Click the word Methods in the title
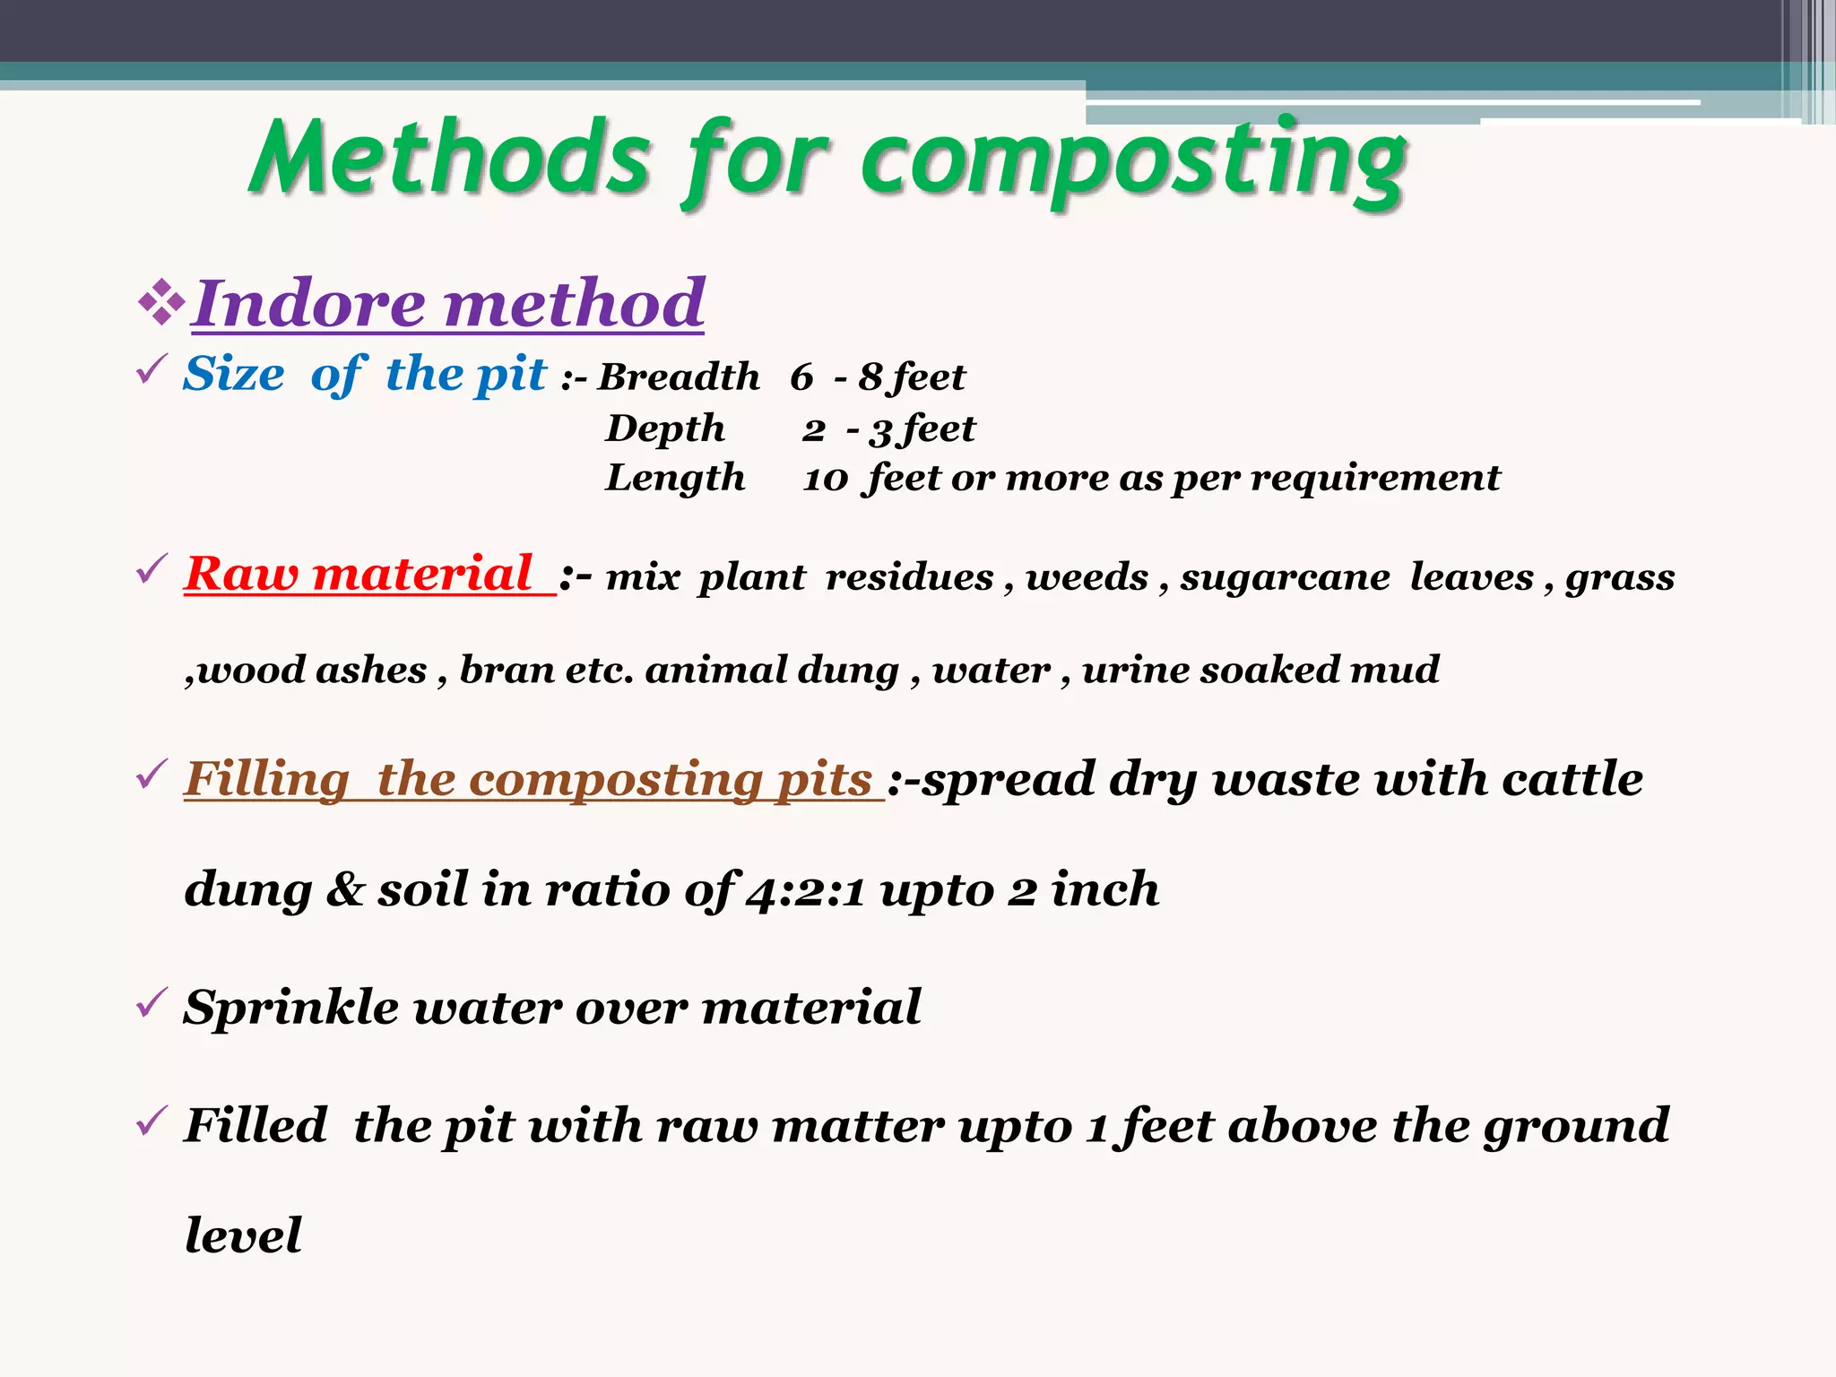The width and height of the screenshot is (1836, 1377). tap(451, 159)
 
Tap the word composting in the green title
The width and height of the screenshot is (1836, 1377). tap(1133, 161)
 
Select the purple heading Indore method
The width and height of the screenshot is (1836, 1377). tap(447, 304)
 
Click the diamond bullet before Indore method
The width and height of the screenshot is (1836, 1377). tap(161, 302)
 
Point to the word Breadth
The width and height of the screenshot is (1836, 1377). tap(679, 377)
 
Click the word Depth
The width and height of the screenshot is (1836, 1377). tap(665, 429)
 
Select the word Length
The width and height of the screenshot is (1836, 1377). tap(675, 478)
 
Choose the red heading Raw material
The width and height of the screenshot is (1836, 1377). tap(359, 574)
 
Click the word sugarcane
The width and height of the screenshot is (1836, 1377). tap(1285, 577)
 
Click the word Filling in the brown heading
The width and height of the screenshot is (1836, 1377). tap(267, 779)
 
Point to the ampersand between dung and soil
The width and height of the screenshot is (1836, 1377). tap(344, 890)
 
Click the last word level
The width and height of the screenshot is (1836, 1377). tap(243, 1235)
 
